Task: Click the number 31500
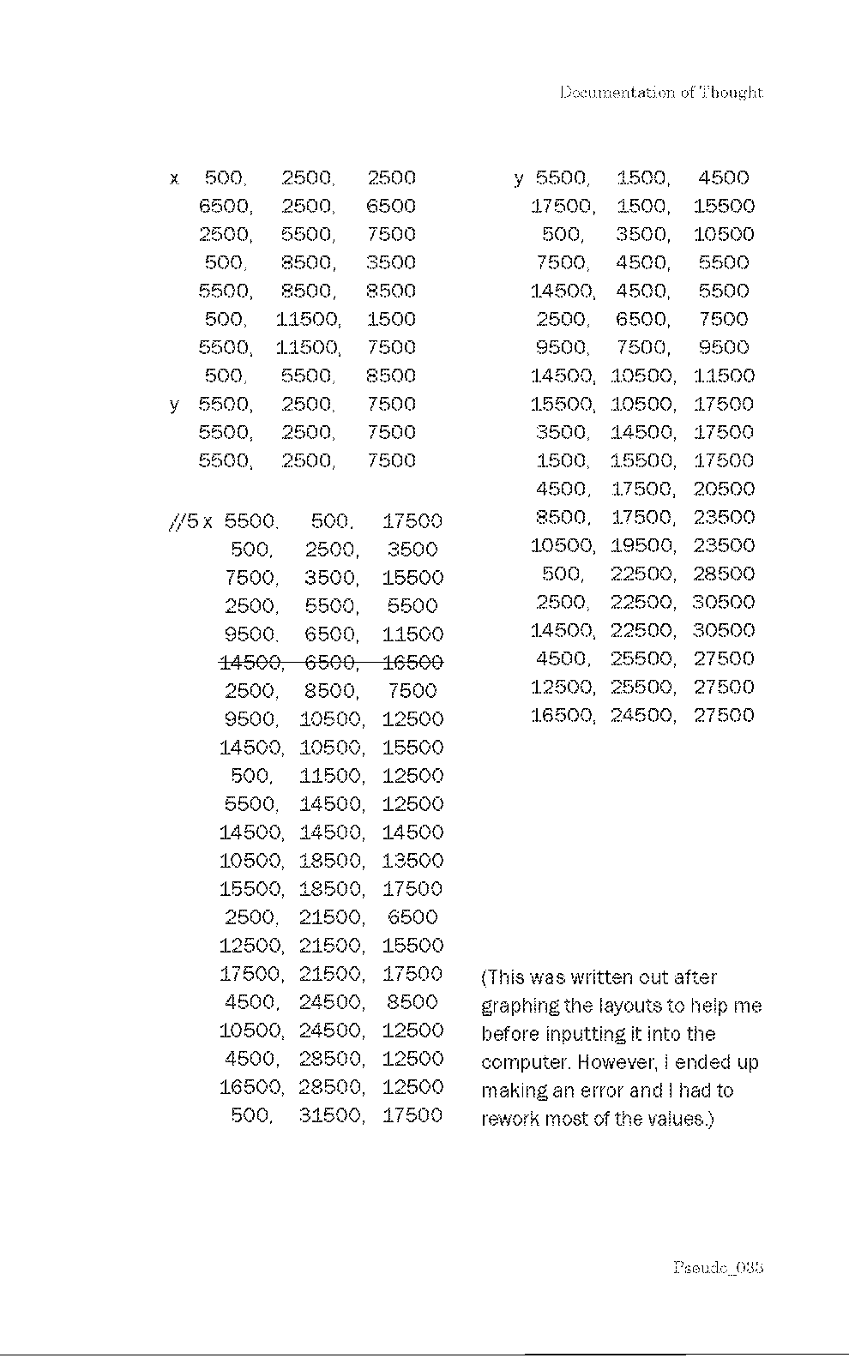(331, 1115)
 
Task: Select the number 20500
(724, 489)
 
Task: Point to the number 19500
(642, 545)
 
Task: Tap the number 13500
(412, 861)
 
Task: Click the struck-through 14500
(250, 662)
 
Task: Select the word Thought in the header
(732, 93)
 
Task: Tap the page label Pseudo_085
(718, 1266)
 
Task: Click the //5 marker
(185, 521)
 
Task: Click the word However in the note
(616, 1063)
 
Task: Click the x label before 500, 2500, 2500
(175, 179)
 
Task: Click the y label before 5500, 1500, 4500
(519, 179)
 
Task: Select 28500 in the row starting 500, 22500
(724, 574)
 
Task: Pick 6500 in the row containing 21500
(412, 917)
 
